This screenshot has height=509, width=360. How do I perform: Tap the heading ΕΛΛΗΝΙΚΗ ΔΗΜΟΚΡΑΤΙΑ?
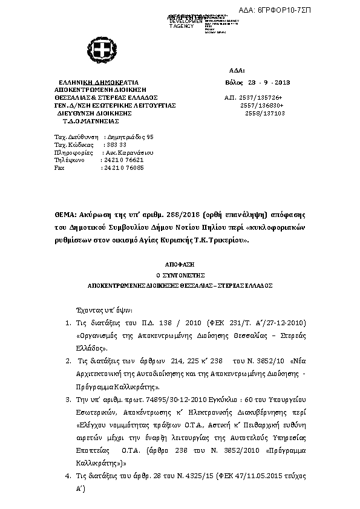click(98, 82)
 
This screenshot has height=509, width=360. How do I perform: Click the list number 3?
click(68, 400)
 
